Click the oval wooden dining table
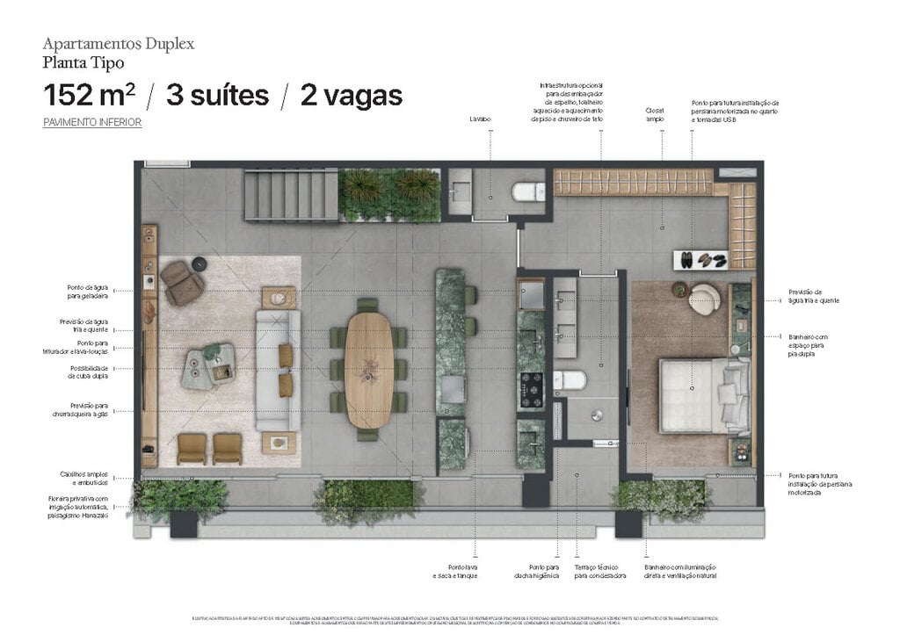click(x=367, y=369)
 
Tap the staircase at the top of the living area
click(x=290, y=195)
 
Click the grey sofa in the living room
click(x=278, y=370)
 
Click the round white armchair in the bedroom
click(x=704, y=299)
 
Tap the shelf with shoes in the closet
click(x=700, y=260)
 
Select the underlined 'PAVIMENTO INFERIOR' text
click(x=92, y=123)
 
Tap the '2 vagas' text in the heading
click(x=351, y=95)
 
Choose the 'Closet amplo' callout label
click(x=655, y=114)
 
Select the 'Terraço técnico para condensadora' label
click(x=599, y=572)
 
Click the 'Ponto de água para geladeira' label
click(x=88, y=292)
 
